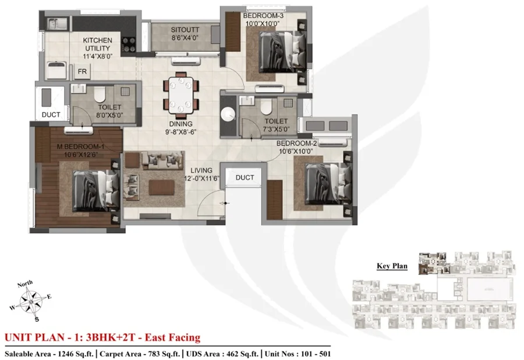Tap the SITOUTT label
point(185,30)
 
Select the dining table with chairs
point(181,96)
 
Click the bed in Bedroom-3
point(283,52)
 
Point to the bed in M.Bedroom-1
point(96,191)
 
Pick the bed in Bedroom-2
point(328,183)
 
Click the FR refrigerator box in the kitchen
point(82,71)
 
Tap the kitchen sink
point(57,24)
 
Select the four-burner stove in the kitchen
point(129,45)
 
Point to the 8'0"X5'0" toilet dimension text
point(109,115)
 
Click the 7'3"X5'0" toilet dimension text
point(277,129)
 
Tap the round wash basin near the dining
point(228,114)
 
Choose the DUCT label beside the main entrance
point(245,178)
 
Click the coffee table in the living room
point(162,188)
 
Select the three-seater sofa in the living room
point(163,160)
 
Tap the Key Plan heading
point(392,266)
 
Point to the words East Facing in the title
point(172,337)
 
